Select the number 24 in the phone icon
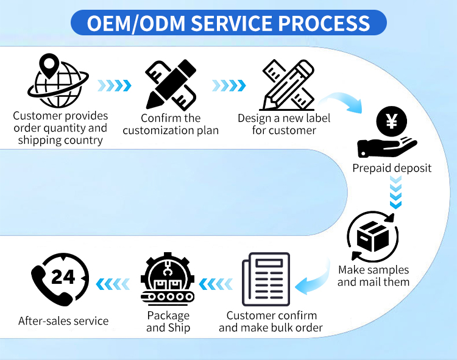coord(63,277)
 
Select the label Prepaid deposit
coord(392,168)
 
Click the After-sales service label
coord(63,320)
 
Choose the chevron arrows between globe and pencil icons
coord(114,85)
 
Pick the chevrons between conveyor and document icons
coord(216,283)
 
